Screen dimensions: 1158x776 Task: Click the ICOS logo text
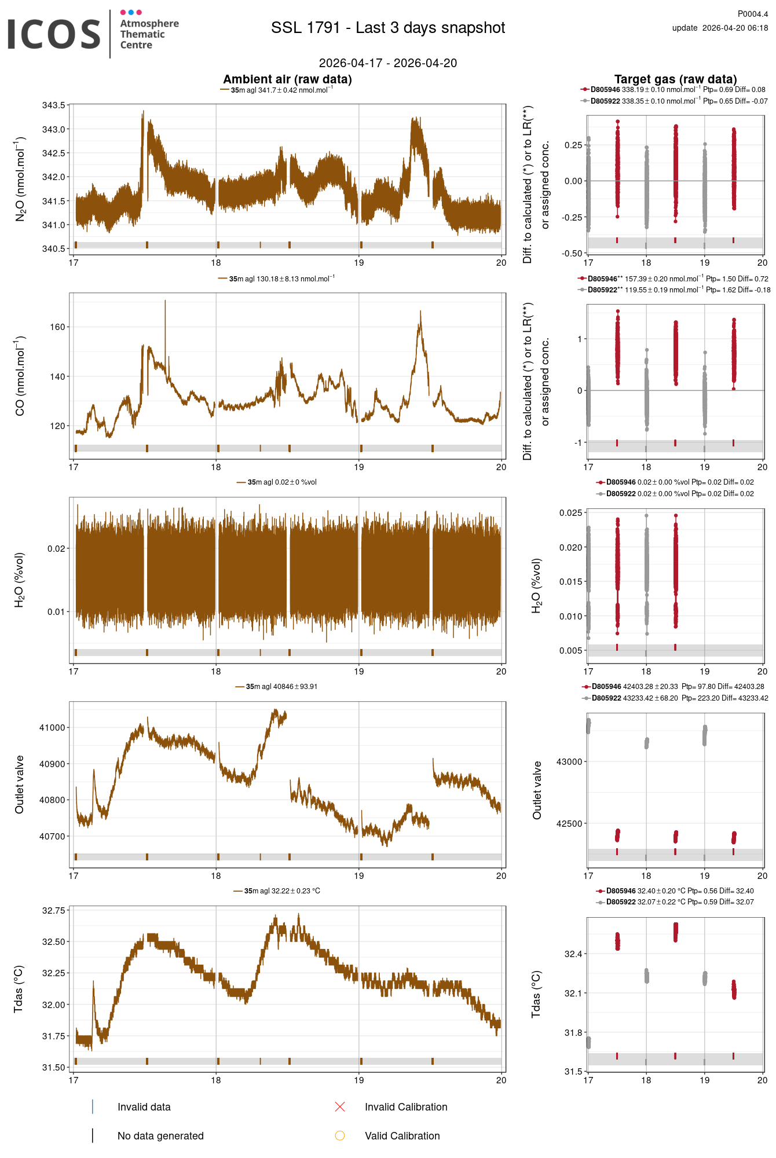[x=54, y=34]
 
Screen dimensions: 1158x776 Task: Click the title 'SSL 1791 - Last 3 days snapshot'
[x=388, y=28]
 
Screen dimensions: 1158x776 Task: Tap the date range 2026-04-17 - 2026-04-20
[x=388, y=63]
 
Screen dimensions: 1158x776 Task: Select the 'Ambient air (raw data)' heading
[x=287, y=79]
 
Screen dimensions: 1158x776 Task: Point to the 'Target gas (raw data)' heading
[x=675, y=79]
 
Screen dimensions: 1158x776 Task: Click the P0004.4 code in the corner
[x=752, y=14]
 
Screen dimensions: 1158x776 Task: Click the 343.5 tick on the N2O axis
[x=53, y=105]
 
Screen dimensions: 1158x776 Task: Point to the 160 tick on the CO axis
[x=57, y=327]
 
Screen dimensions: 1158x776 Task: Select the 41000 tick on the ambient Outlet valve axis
[x=52, y=728]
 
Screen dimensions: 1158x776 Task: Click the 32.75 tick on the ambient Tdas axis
[x=53, y=911]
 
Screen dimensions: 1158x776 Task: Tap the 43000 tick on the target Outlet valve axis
[x=569, y=762]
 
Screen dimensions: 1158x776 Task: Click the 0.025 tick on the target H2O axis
[x=570, y=513]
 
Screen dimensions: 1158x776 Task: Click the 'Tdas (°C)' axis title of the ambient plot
[x=19, y=989]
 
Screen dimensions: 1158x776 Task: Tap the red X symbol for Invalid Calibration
[x=340, y=1107]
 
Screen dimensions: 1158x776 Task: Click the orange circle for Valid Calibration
[x=340, y=1136]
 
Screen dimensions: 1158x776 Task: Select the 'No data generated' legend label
[x=160, y=1136]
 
